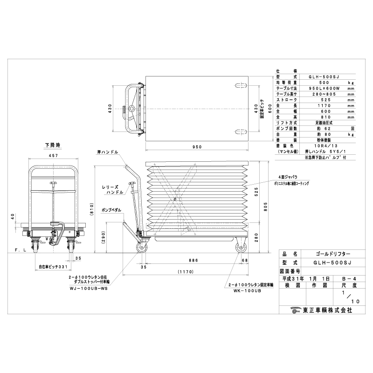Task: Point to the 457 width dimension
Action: (53, 155)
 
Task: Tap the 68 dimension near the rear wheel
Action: (245, 260)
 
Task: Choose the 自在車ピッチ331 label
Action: (53, 268)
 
